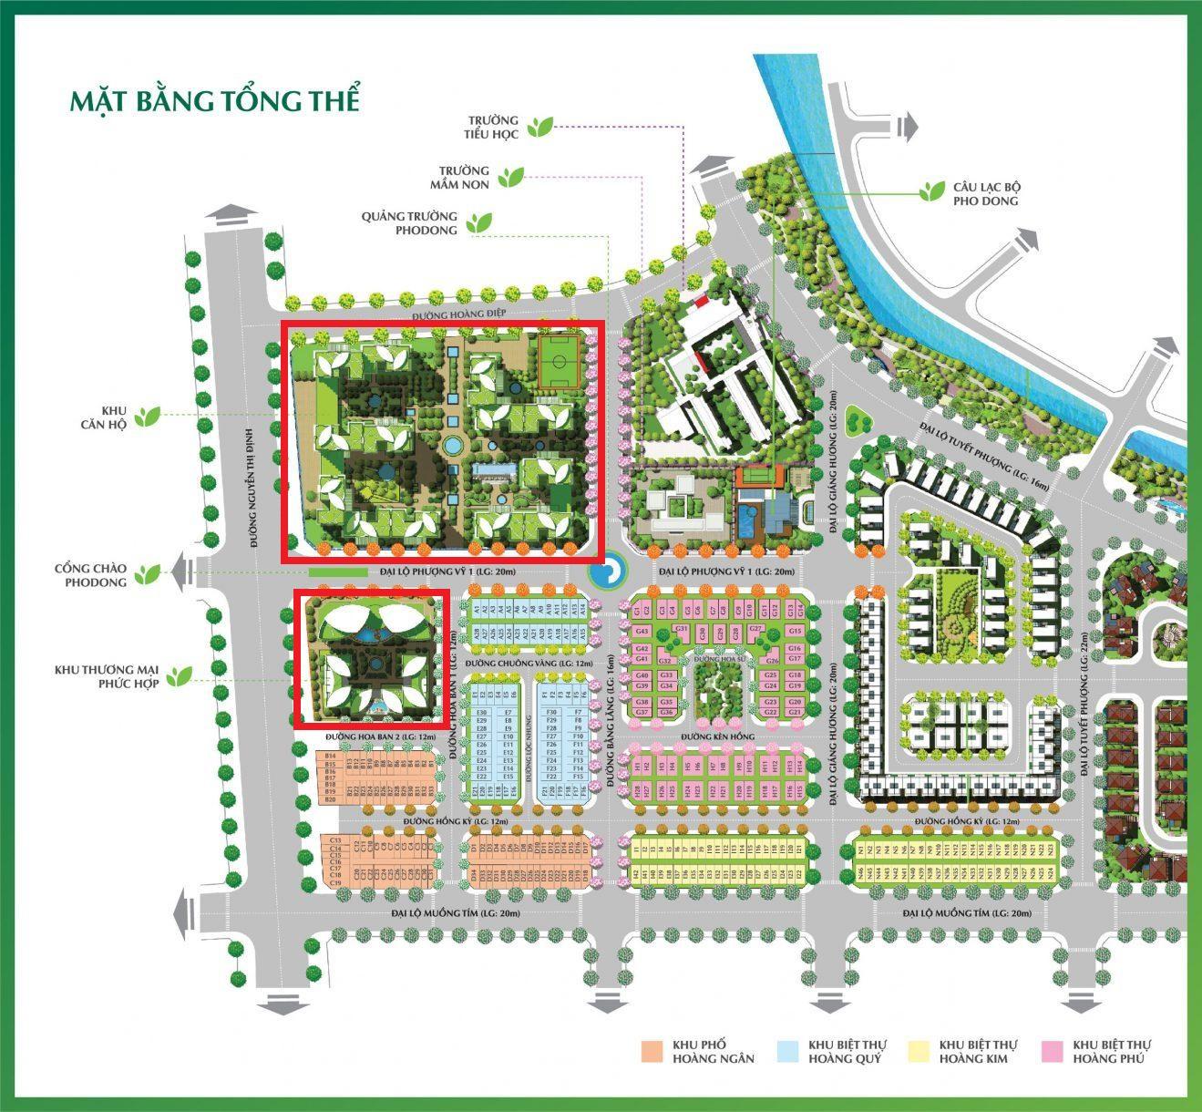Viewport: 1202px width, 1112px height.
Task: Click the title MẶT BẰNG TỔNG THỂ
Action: pos(215,100)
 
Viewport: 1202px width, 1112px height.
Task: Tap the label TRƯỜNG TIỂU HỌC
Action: pos(493,127)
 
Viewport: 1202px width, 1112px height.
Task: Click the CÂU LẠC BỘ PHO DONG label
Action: pos(986,193)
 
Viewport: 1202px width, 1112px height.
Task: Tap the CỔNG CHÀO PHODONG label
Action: pos(90,575)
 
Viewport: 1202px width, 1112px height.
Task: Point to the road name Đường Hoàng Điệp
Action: pos(457,314)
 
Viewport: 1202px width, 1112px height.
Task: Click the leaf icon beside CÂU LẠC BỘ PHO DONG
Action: pos(931,190)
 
